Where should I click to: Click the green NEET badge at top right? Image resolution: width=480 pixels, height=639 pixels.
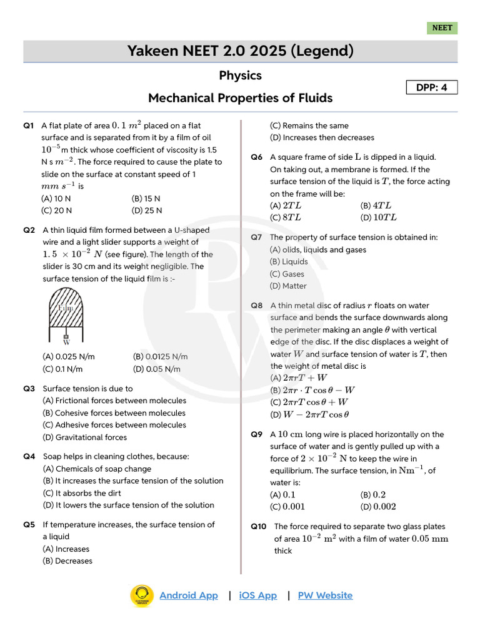point(442,28)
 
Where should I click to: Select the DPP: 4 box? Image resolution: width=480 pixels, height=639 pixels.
point(432,87)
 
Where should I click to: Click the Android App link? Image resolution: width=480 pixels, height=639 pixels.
point(189,595)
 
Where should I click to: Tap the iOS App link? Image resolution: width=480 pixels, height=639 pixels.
point(257,595)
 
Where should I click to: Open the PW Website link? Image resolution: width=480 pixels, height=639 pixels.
point(325,595)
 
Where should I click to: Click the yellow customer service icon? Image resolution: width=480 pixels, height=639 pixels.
point(142,595)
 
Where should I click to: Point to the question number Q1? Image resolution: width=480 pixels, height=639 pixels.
point(29,125)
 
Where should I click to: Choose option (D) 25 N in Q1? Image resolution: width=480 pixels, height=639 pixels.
point(147,211)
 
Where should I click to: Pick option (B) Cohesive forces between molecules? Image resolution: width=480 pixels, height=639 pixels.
point(114,413)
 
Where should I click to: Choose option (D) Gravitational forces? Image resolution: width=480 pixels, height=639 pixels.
point(84,437)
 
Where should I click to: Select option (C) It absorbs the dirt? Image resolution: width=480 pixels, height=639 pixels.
point(81,493)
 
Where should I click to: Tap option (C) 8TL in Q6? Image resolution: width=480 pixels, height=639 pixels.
point(285,218)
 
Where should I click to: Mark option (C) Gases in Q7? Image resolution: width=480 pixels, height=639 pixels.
point(287,274)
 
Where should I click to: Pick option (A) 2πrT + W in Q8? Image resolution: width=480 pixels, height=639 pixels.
point(298,378)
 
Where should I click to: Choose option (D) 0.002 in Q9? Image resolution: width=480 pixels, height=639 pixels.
point(378,507)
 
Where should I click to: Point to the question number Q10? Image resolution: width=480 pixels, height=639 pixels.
point(259,527)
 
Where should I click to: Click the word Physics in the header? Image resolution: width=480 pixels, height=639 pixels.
point(240,76)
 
